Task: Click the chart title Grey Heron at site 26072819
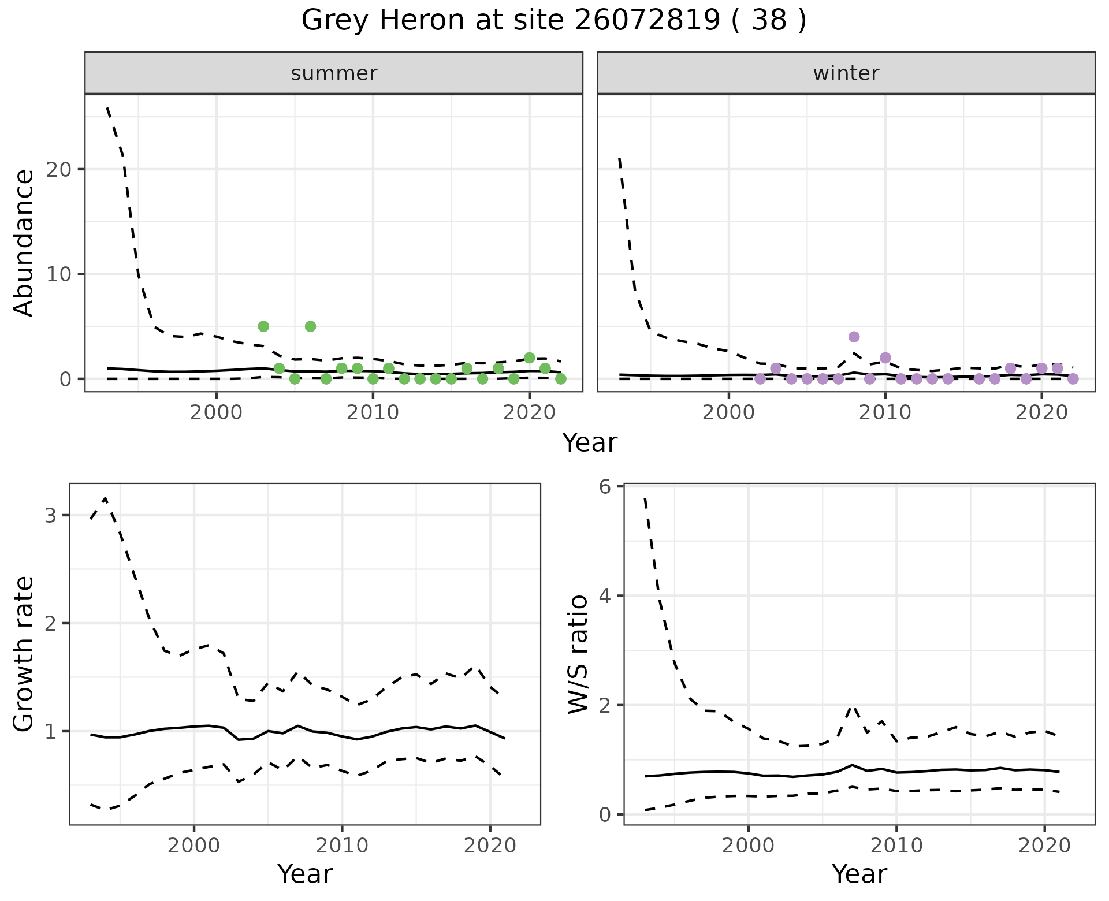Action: pyautogui.click(x=553, y=21)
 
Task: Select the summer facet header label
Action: pyautogui.click(x=334, y=73)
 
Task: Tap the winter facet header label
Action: pyautogui.click(x=846, y=73)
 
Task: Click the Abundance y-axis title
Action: pyautogui.click(x=24, y=243)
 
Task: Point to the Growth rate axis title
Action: pyautogui.click(x=24, y=654)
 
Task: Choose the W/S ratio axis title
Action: pyautogui.click(x=578, y=654)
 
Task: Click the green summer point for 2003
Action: pyautogui.click(x=263, y=326)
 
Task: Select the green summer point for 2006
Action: pyautogui.click(x=310, y=326)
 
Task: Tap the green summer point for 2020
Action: pyautogui.click(x=529, y=358)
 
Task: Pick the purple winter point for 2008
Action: pyautogui.click(x=854, y=337)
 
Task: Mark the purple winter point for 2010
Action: pyautogui.click(x=885, y=358)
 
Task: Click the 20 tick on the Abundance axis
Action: pyautogui.click(x=62, y=169)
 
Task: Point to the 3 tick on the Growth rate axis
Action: pyautogui.click(x=50, y=515)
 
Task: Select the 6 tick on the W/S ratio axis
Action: pyautogui.click(x=605, y=487)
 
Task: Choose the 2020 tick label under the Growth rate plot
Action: pyautogui.click(x=490, y=846)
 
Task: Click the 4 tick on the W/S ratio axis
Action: pyautogui.click(x=605, y=595)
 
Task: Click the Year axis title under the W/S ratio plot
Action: pyautogui.click(x=859, y=874)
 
